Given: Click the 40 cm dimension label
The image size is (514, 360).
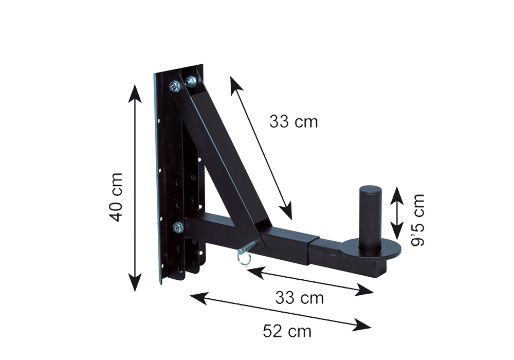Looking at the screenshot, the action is pos(116,197).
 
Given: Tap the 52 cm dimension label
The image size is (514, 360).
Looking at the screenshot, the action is pos(287,331).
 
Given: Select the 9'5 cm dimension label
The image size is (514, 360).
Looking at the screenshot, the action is pos(417,220).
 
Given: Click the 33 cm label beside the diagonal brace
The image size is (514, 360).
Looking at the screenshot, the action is pos(293,121).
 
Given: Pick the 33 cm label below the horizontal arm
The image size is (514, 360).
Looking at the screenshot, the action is pos(299,298).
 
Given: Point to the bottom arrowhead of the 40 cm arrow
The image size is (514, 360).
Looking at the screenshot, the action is pos(135,282).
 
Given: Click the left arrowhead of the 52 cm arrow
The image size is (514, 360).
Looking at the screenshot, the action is pos(199,298).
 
